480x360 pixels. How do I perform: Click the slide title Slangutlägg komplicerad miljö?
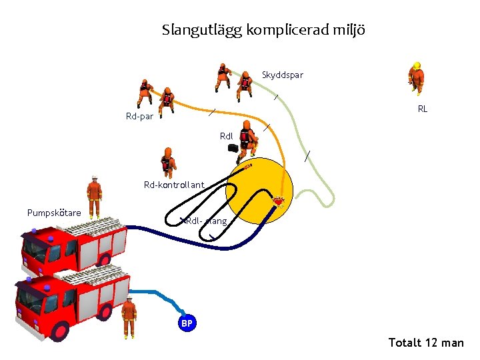coord(263,30)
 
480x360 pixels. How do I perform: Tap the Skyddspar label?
coord(282,75)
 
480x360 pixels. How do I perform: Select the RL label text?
coord(423,109)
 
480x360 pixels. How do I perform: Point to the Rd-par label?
coord(139,117)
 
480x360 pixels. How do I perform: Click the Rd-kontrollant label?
coord(174,185)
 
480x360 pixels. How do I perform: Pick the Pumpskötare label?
coord(54,213)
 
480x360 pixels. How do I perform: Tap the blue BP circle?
coord(187,323)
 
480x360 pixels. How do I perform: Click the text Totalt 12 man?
coord(426,343)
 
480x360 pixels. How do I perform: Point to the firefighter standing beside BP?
coord(129,317)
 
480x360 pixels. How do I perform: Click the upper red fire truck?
coord(73,243)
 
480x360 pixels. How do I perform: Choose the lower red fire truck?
coord(70,300)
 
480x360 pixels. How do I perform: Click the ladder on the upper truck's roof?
coord(93,225)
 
